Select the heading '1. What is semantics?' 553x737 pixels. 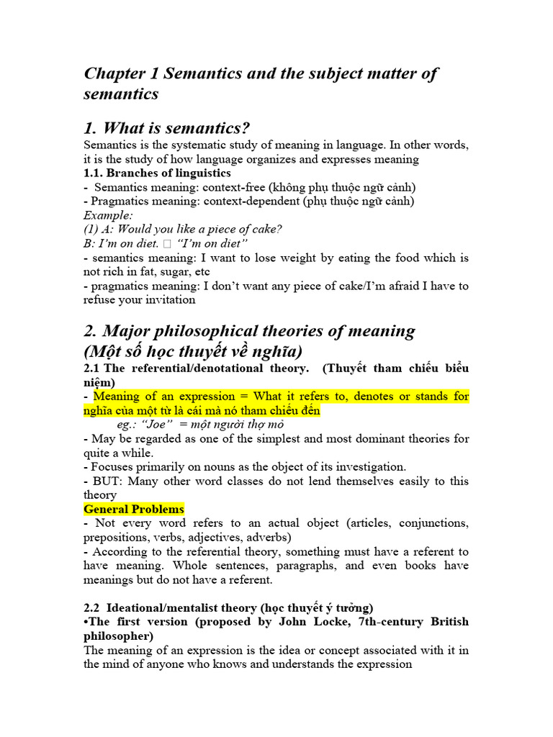click(166, 129)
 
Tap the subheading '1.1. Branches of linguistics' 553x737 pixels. click(157, 173)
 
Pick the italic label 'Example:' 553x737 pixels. click(108, 215)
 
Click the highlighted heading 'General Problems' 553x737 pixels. click(134, 509)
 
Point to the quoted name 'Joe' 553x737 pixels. click(148, 425)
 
